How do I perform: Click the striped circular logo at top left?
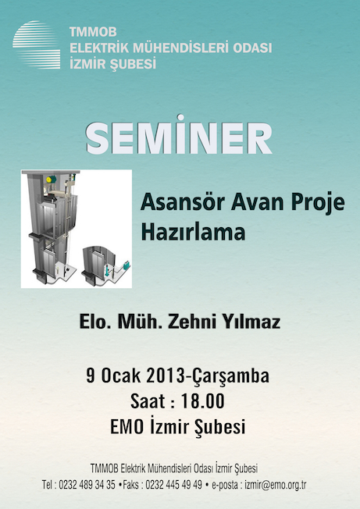point(37,44)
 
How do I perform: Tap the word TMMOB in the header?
point(93,32)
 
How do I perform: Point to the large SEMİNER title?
point(179,135)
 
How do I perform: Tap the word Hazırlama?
point(193,232)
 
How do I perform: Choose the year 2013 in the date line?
point(166,376)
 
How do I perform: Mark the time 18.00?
point(202,401)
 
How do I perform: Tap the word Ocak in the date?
point(121,376)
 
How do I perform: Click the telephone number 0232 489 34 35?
point(87,485)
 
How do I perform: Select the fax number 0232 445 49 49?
point(173,485)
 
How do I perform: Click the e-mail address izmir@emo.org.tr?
point(276,485)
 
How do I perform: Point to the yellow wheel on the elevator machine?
point(49,180)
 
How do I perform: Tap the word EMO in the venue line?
point(127,427)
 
